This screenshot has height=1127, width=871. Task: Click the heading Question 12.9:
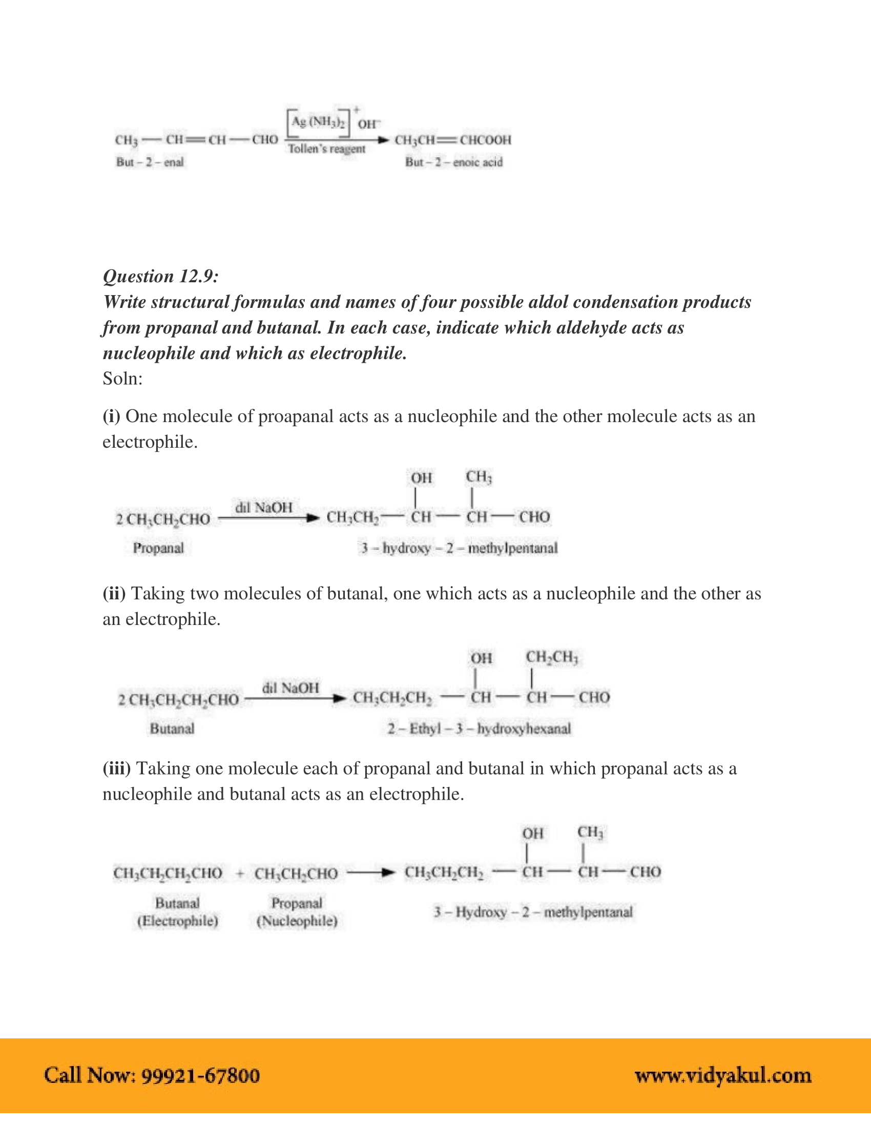[160, 277]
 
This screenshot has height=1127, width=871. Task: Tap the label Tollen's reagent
[326, 149]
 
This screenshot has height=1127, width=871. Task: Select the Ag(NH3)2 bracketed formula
[318, 122]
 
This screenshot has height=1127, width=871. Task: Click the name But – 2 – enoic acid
[453, 162]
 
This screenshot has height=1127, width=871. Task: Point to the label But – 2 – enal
[150, 162]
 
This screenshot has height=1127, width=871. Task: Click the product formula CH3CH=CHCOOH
[452, 140]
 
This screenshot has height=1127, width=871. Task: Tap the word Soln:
[122, 379]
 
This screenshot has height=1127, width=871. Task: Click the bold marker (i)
[112, 416]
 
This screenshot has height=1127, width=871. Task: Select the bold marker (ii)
[114, 593]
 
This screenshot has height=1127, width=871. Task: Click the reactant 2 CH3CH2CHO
[163, 519]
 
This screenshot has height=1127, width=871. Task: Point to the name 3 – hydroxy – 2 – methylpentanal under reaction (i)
[459, 548]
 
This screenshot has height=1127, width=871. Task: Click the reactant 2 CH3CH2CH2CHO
[178, 700]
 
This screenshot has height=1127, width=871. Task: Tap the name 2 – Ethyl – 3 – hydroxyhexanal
[480, 728]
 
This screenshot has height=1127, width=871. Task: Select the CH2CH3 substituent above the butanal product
[552, 657]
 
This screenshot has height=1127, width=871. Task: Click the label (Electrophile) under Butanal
[177, 921]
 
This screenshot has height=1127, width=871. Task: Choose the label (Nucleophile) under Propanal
[297, 921]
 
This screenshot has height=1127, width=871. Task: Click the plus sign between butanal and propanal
[239, 873]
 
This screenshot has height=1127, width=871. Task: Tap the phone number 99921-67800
[200, 1075]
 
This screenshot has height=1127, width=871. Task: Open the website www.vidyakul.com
[723, 1075]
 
